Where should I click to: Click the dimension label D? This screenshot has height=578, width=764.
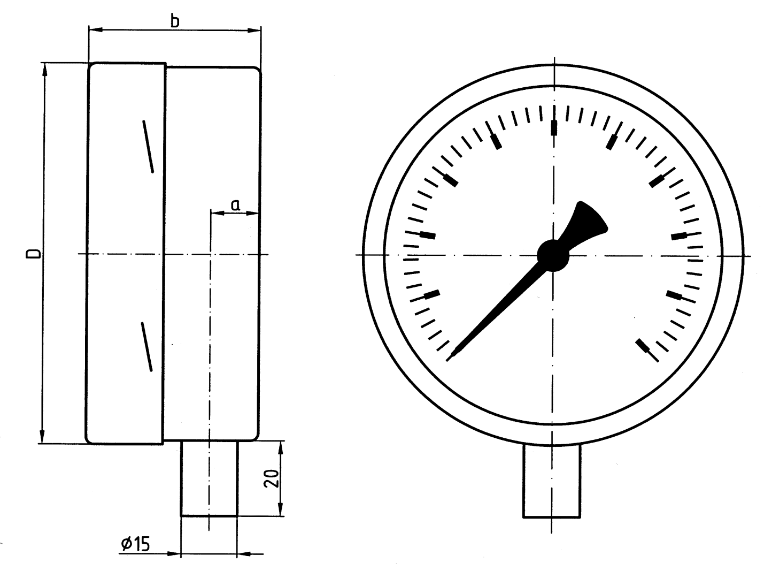[x=33, y=254]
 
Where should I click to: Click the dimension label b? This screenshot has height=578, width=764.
[x=174, y=21]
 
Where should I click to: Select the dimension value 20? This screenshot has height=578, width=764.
[x=272, y=478]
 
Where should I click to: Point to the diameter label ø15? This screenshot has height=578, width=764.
[x=135, y=544]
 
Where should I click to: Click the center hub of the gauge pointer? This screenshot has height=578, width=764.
[x=553, y=255]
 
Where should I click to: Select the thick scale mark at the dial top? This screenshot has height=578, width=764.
[x=553, y=127]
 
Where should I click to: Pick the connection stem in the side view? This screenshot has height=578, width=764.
[x=209, y=477]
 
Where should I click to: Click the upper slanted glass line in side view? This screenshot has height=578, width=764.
[x=148, y=147]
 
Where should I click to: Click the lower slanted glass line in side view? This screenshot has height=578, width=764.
[x=146, y=346]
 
